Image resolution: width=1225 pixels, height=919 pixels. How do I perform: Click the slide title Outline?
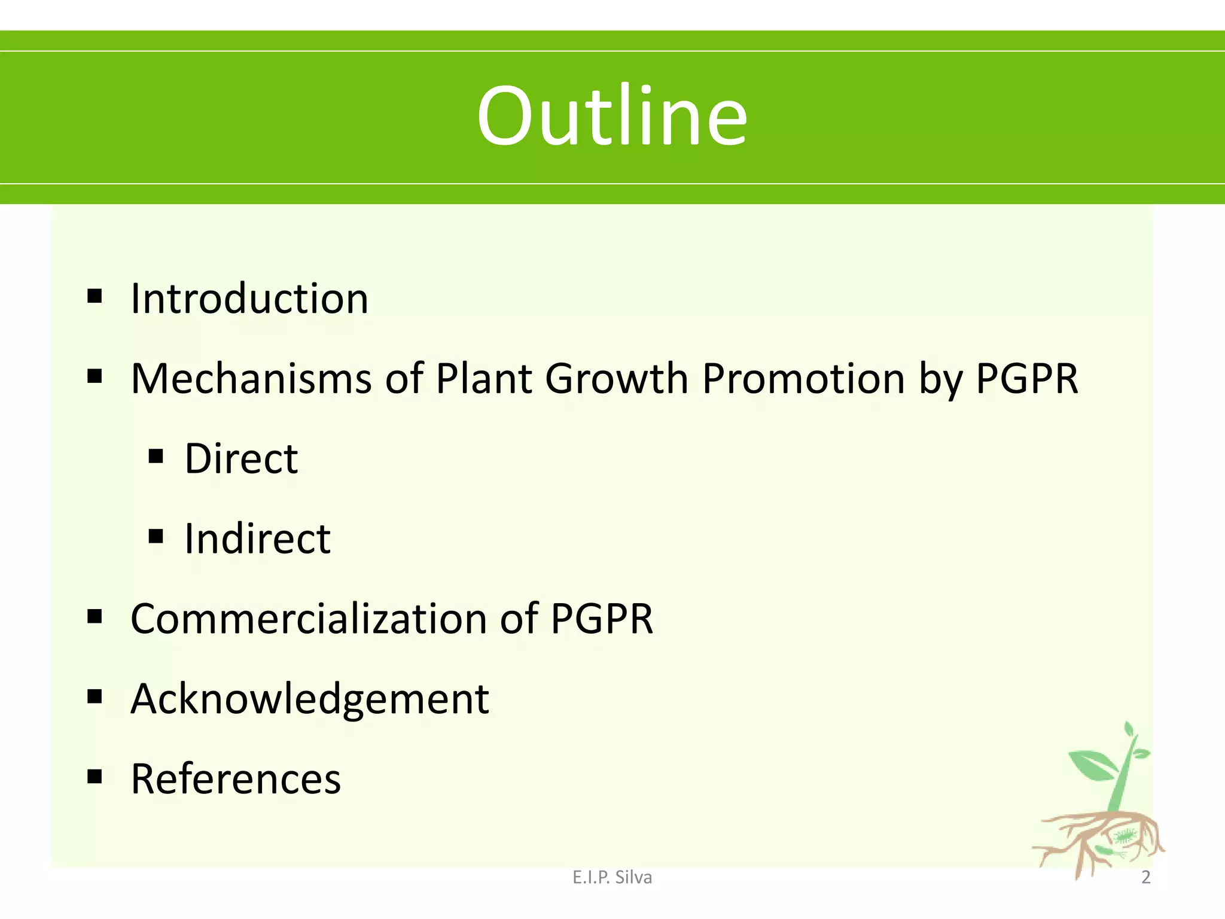coord(611,116)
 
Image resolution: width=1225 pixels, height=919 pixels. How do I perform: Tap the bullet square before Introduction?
coord(95,296)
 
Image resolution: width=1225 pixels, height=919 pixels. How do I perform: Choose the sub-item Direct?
coord(241,459)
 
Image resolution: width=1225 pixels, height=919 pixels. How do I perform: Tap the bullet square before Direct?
coord(156,457)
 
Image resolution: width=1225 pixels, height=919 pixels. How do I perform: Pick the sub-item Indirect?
coord(257,538)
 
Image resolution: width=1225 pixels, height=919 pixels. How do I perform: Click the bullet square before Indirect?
coord(156,536)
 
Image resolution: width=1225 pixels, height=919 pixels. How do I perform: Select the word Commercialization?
coord(309,619)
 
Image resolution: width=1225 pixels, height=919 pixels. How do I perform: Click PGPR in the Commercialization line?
coord(601,619)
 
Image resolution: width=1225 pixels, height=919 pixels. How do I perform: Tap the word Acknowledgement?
coord(310,699)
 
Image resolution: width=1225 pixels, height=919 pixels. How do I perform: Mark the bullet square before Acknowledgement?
coord(95,696)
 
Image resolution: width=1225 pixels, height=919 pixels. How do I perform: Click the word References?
coord(236,779)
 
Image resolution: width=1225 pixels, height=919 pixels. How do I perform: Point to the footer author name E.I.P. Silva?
coord(612,877)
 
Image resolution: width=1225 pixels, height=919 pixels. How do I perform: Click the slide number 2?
coord(1145,877)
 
